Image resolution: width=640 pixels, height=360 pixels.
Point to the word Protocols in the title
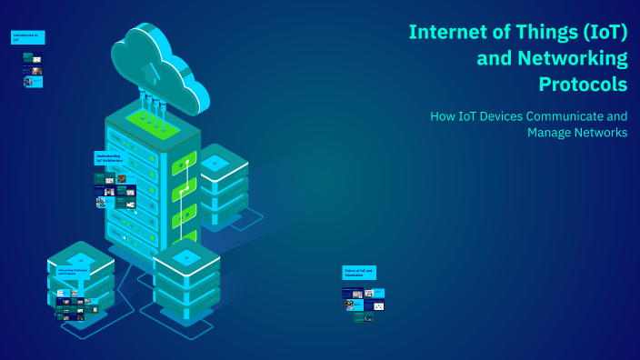[x=582, y=85]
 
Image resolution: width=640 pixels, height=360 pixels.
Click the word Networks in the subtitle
[x=600, y=133]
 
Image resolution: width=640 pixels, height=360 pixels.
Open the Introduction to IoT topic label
[x=27, y=37]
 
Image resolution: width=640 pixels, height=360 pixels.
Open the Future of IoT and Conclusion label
[x=359, y=272]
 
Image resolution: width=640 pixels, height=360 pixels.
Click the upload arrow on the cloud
[x=152, y=70]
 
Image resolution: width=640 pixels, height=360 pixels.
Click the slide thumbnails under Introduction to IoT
[x=33, y=70]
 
